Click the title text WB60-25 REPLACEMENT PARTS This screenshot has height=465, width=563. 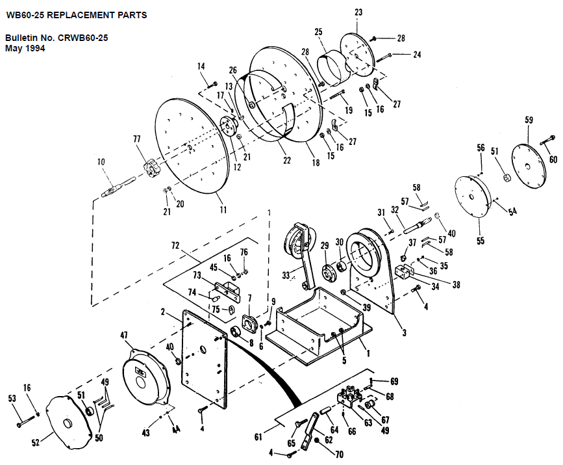coord(77,15)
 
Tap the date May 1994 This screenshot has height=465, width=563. coord(25,49)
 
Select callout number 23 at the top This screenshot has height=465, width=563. coord(358,12)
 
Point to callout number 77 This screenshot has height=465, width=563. coord(137,139)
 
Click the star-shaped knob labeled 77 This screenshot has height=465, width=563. coord(151,168)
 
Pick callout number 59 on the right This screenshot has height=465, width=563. coord(529,120)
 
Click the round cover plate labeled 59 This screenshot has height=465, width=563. coord(528,165)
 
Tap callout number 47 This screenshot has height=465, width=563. coord(124,336)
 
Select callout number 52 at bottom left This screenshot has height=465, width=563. coord(36,442)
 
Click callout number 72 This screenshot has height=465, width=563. coord(175,246)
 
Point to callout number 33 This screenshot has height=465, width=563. coord(286,276)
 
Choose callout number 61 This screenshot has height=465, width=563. coord(258,437)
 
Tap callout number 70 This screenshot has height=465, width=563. coord(340,455)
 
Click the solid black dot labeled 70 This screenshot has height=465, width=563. coord(318,441)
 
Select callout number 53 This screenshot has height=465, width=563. coord(12,398)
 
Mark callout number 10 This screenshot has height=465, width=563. coord(101,162)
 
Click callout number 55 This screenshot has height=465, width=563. coord(481,241)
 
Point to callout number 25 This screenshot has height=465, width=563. coord(318,32)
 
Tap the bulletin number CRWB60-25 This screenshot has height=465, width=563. coord(83,38)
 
